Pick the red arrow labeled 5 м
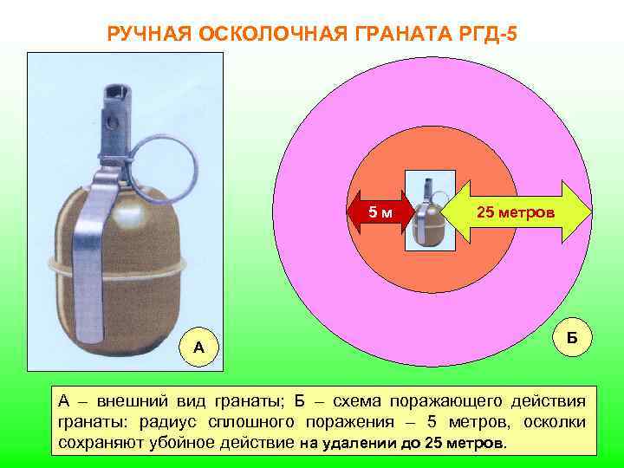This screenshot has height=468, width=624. (x=376, y=212)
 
